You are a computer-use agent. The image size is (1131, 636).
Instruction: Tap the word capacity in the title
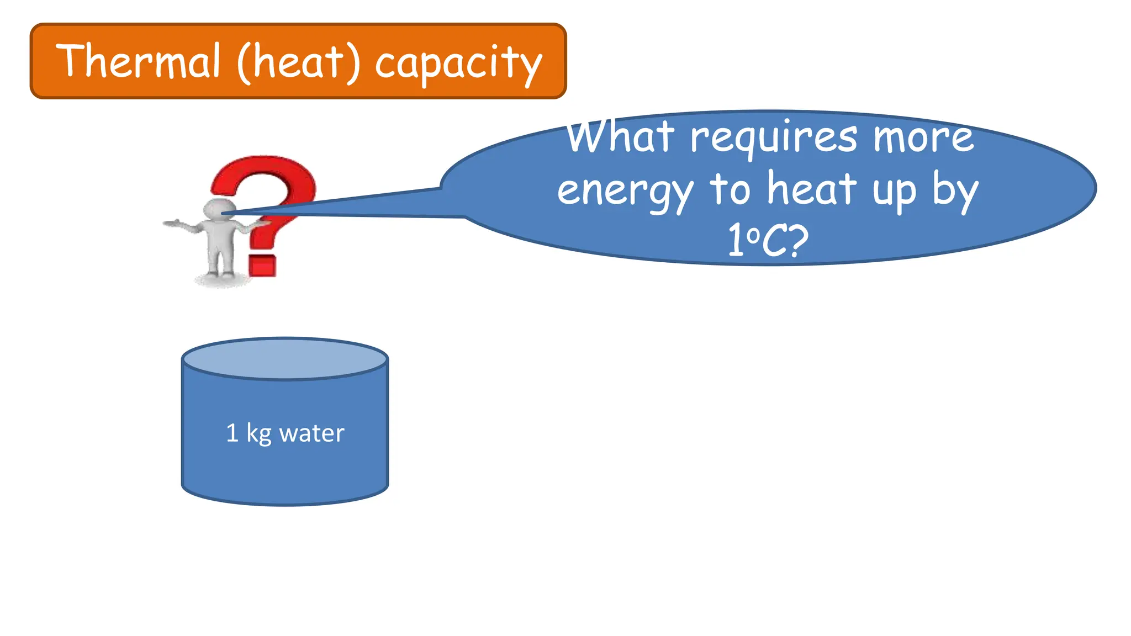[x=458, y=63]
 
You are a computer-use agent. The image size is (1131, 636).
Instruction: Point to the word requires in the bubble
[x=774, y=138]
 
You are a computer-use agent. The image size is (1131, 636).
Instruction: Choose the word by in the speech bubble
[x=955, y=190]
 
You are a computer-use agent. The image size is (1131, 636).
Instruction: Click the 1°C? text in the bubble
[x=768, y=240]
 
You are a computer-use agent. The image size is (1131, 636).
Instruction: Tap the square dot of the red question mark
[x=262, y=266]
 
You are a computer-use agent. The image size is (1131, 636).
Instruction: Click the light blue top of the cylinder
[x=285, y=359]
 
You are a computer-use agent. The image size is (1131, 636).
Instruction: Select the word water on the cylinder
[x=311, y=433]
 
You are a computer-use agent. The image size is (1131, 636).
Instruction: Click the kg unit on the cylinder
[x=258, y=434]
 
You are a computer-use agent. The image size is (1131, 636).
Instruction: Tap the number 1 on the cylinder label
[x=232, y=433]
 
